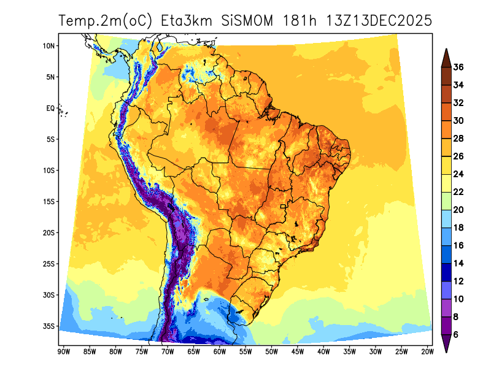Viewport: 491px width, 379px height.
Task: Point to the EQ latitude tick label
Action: coord(51,108)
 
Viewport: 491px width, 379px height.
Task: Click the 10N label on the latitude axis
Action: coord(50,46)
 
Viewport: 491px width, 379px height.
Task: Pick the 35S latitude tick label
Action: coord(50,326)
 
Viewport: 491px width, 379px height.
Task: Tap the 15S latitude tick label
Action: coord(50,202)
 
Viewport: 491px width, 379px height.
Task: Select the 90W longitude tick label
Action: coord(63,351)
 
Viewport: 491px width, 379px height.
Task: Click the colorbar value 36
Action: coord(458,67)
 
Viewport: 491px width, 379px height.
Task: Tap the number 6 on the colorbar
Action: coord(456,335)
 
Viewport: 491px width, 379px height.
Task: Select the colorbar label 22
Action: coord(458,192)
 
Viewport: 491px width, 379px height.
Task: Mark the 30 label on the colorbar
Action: coord(458,121)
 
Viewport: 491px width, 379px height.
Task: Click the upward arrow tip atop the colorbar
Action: coord(446,51)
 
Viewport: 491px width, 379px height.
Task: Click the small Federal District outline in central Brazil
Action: coord(284,207)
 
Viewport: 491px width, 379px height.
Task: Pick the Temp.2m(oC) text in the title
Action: coord(105,20)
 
